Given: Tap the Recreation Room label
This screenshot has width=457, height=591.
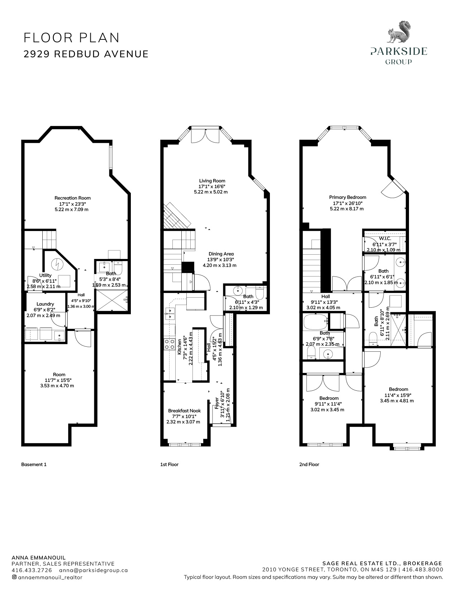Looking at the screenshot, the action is [72, 198].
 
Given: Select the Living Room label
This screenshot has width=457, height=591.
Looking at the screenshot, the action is [212, 181].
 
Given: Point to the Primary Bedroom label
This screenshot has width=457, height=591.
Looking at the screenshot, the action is [348, 197].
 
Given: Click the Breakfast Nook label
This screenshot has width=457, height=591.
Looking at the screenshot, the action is [184, 411].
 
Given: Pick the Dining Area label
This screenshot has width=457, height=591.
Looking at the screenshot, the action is [221, 254].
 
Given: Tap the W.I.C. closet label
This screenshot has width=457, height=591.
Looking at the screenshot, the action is [385, 239].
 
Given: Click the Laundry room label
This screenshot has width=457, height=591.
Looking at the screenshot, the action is [45, 304].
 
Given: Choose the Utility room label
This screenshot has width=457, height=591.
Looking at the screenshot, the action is [45, 275].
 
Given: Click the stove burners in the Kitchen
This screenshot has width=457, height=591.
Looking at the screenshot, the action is [169, 344].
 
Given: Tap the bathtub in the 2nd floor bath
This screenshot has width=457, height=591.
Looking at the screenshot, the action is [315, 322].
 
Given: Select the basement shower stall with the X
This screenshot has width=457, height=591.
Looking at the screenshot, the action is [112, 300].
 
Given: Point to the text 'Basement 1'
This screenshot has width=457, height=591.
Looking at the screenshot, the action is [34, 464].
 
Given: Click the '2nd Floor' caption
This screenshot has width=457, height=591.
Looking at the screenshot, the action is [309, 464].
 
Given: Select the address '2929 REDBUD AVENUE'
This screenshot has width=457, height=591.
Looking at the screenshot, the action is [86, 54].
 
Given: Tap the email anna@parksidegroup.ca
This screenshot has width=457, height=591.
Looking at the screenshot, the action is [93, 570].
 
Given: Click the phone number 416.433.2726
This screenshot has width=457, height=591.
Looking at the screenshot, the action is [32, 570].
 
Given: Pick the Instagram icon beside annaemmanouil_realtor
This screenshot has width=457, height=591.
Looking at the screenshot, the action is [14, 577].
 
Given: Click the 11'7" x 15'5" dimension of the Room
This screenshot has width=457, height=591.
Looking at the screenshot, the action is [58, 380].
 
